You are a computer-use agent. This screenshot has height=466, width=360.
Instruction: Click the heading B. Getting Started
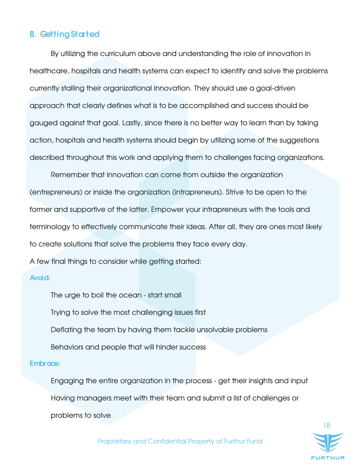64,34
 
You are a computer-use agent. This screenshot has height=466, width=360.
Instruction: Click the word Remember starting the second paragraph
70,175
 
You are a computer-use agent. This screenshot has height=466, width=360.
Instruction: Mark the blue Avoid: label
40,278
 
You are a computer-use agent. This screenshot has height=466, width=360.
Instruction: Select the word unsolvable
216,329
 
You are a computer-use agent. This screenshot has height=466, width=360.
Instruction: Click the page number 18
326,426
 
